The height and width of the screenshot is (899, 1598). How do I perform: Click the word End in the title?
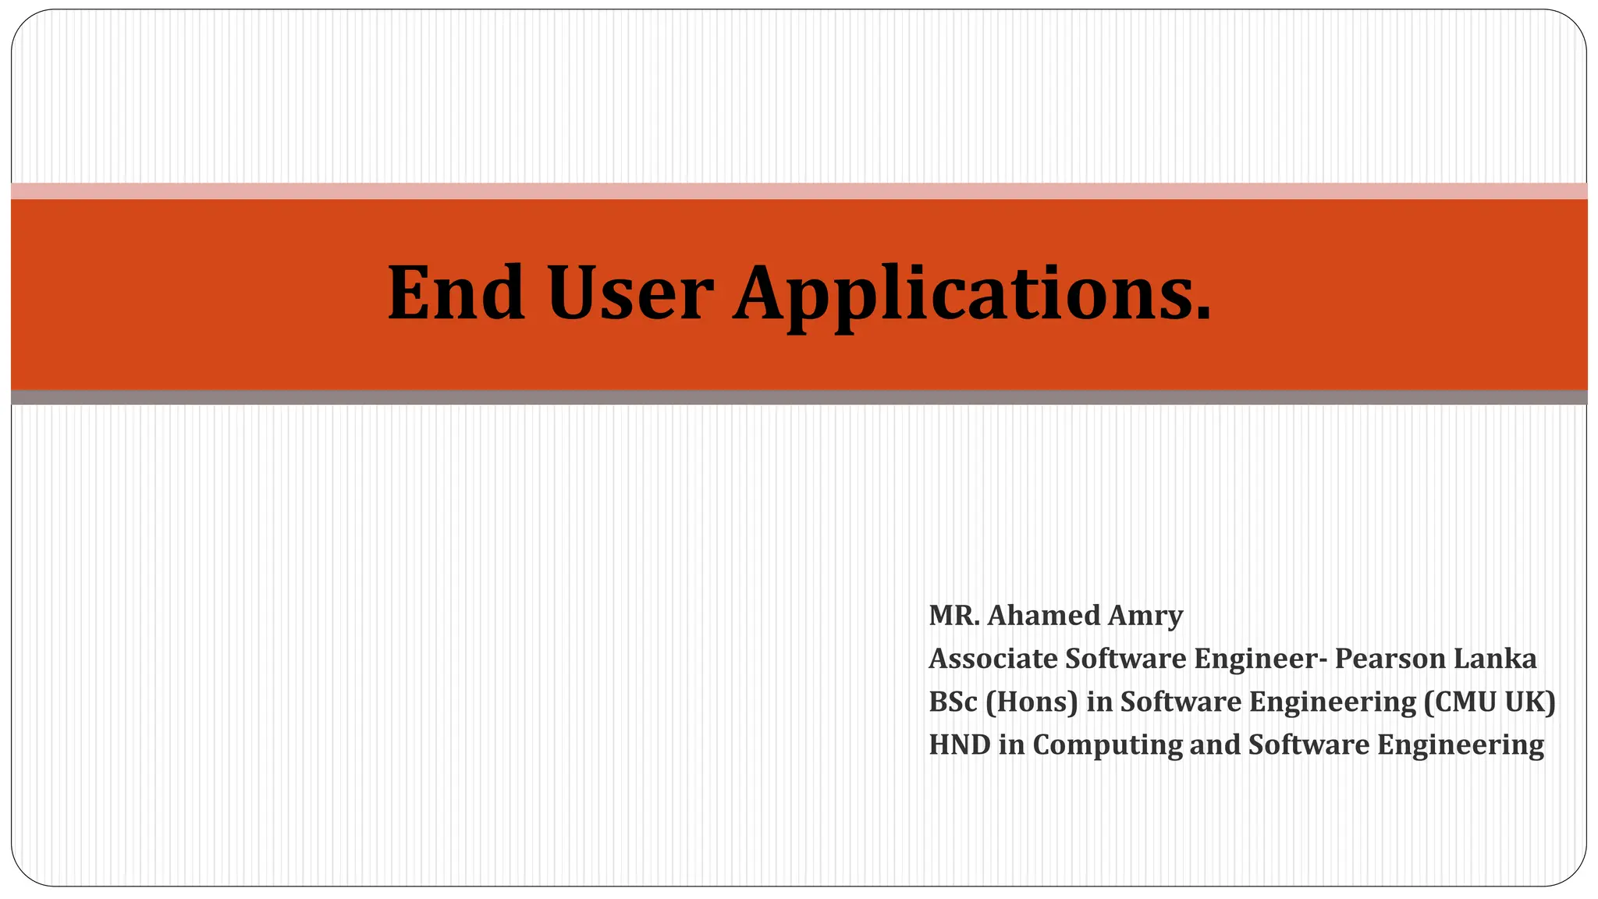tap(456, 293)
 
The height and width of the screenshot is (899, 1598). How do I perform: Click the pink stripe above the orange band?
tap(799, 191)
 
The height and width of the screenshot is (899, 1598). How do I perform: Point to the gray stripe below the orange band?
tap(799, 397)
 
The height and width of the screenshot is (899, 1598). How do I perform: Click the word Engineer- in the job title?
tap(1260, 659)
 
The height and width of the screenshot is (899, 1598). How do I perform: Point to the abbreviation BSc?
tap(953, 702)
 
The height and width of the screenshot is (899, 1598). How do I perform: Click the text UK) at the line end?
tap(1530, 702)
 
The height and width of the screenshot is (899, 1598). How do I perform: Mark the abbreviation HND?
tap(959, 744)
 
